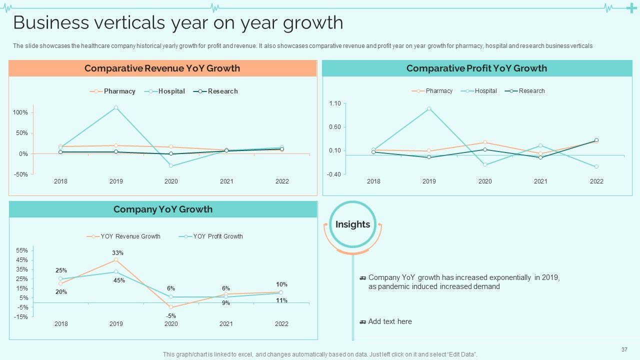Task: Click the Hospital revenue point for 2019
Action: [116, 107]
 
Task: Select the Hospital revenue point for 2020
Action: [171, 165]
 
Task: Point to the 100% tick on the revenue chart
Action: [20, 112]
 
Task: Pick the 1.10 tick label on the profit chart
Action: [334, 103]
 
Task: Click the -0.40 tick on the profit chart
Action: [334, 174]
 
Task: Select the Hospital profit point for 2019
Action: [429, 108]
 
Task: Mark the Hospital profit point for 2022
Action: [596, 166]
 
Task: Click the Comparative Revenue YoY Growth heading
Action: [162, 68]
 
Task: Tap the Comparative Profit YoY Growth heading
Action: [476, 68]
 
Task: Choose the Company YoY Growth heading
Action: [162, 209]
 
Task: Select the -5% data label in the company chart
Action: [171, 315]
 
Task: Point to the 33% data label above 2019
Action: [118, 253]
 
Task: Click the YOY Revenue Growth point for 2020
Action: [171, 307]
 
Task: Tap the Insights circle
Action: [352, 224]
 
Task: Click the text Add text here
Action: [390, 321]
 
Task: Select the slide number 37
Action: [624, 349]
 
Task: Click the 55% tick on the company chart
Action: [22, 250]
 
